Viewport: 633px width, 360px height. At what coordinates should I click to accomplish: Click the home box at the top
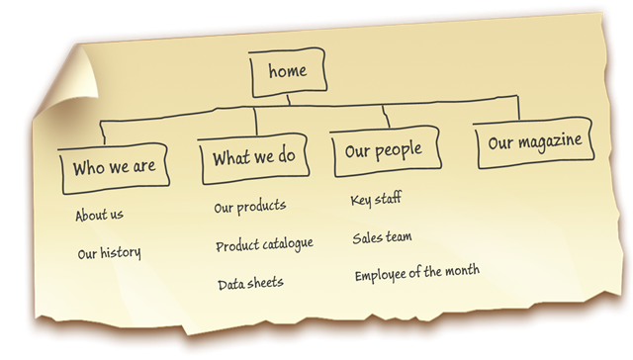click(288, 72)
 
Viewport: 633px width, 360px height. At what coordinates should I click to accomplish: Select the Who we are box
click(115, 168)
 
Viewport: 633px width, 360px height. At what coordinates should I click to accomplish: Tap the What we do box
click(254, 158)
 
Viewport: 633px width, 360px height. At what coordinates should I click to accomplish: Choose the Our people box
click(385, 151)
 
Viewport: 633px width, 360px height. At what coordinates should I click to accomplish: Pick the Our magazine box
click(534, 142)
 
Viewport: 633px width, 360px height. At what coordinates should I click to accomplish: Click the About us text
click(99, 215)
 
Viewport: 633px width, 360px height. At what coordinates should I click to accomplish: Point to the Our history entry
click(109, 253)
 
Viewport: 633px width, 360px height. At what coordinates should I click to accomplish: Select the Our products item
click(250, 207)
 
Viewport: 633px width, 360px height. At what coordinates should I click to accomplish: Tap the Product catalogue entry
click(264, 244)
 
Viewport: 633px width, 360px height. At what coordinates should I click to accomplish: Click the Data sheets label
click(250, 283)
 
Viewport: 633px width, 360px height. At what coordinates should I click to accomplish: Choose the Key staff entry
click(376, 199)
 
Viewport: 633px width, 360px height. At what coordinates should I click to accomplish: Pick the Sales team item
click(382, 237)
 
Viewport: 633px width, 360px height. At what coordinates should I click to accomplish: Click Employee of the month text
click(417, 273)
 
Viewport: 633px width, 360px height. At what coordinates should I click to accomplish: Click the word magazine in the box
click(550, 141)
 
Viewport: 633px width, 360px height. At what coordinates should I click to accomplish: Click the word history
click(121, 253)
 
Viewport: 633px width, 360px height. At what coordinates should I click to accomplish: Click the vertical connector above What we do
click(255, 121)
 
